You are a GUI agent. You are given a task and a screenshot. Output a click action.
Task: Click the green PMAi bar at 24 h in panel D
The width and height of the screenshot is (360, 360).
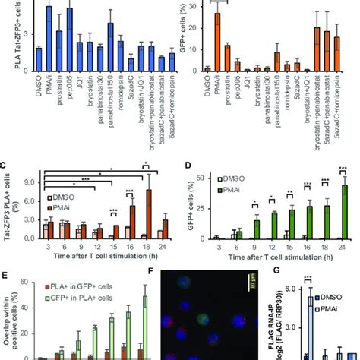click(x=345, y=212)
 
